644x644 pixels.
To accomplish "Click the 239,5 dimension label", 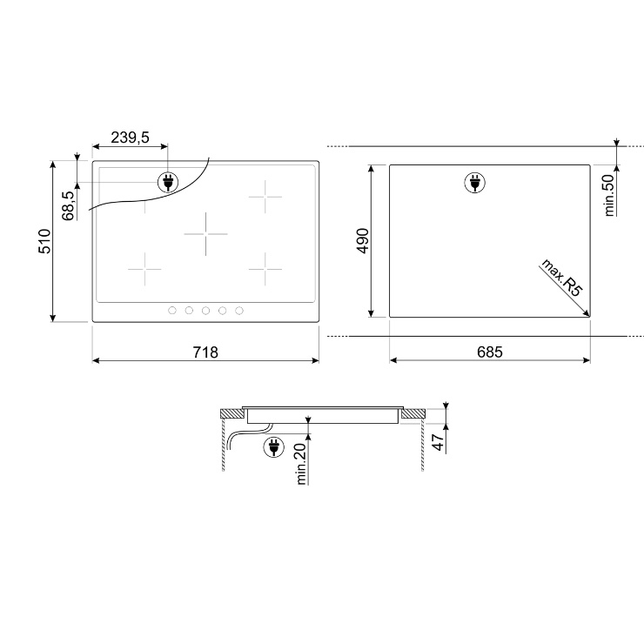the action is click(x=130, y=138).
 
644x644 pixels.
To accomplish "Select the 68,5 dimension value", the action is click(x=69, y=205).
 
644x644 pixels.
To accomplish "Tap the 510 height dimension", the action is click(x=44, y=242).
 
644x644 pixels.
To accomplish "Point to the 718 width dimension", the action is click(x=205, y=352).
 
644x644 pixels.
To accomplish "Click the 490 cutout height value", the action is click(x=363, y=241).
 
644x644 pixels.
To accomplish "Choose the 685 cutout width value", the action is click(x=490, y=352).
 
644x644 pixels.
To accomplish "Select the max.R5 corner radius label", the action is click(x=562, y=278).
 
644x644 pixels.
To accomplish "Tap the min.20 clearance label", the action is click(x=301, y=464).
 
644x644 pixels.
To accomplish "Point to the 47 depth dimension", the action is click(x=439, y=442).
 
